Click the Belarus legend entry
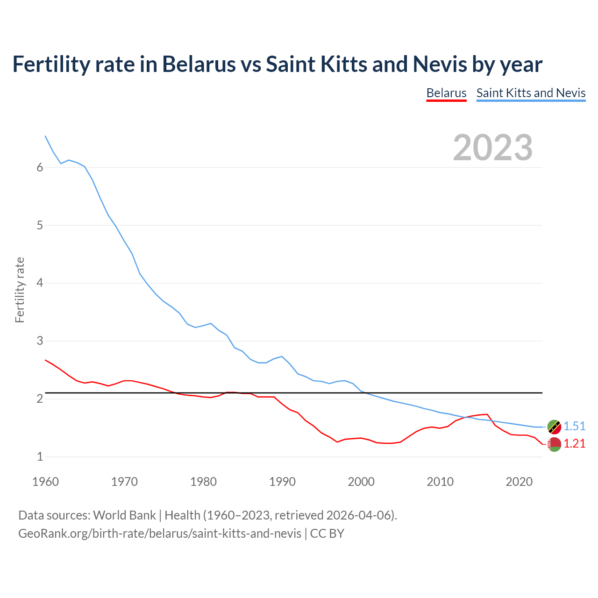pos(446,93)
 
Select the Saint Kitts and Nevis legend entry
pos(531,93)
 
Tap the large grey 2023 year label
pos(492,148)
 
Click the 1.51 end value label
pos(574,426)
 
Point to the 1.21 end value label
pos(574,443)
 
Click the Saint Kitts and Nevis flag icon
pos(554,427)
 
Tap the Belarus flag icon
pos(554,444)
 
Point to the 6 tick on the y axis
pos(40,168)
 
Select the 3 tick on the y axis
pos(40,341)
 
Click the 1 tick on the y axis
pos(40,456)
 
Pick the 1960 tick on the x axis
pos(45,482)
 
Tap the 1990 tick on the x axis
pos(282,482)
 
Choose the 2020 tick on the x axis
pos(519,482)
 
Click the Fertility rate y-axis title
pos(20,290)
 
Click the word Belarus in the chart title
pos(199,64)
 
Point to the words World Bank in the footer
pos(124,515)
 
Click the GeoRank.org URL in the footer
pos(160,534)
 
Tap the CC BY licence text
pos(327,534)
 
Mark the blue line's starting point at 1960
pos(45,136)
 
